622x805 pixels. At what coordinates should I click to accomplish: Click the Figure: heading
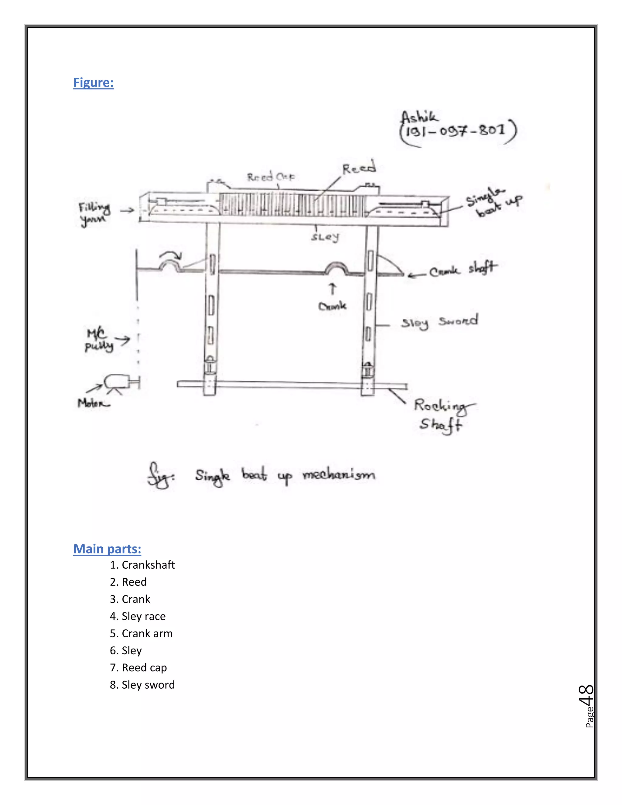click(x=93, y=82)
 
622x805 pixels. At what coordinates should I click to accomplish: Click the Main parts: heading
click(x=107, y=549)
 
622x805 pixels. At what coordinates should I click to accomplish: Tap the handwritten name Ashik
click(x=419, y=118)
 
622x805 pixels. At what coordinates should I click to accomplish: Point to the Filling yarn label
click(x=94, y=214)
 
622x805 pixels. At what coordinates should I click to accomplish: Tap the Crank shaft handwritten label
click(x=463, y=269)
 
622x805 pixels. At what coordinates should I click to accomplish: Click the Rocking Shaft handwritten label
click(x=442, y=415)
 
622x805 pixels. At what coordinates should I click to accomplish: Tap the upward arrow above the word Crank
click(x=332, y=289)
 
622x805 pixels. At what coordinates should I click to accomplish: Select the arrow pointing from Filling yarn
click(x=127, y=210)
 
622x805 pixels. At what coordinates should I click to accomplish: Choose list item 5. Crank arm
click(x=141, y=633)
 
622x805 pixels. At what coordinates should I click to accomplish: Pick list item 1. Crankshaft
click(x=142, y=565)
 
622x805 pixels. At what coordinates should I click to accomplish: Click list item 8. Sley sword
click(x=142, y=684)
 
